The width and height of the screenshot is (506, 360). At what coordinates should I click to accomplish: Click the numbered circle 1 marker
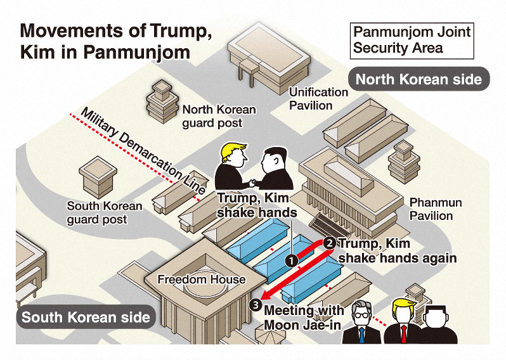click(x=290, y=260)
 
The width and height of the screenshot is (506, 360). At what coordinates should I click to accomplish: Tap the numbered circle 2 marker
click(x=329, y=243)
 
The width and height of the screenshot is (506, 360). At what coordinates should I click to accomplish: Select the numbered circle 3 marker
click(x=255, y=305)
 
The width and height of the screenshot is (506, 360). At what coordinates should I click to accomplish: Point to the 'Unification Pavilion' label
click(x=318, y=98)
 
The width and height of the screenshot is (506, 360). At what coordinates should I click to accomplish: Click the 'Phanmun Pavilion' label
click(x=436, y=209)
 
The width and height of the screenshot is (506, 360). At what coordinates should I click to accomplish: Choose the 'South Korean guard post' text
click(x=105, y=213)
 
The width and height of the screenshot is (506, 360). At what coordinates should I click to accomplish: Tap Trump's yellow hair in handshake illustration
click(x=235, y=153)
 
